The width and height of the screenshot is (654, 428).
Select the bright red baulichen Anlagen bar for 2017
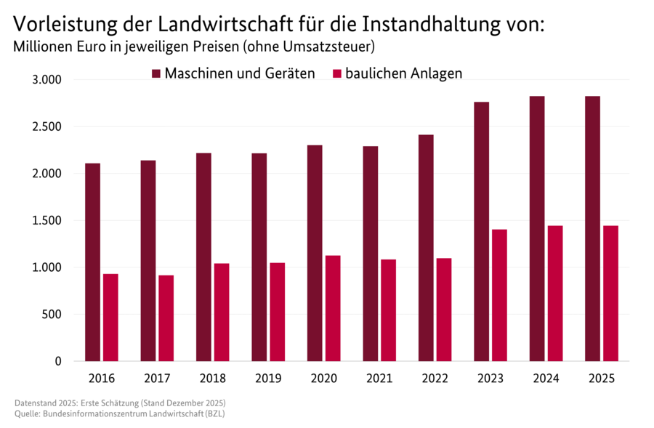(166, 318)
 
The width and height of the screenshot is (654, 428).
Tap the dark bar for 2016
(92, 262)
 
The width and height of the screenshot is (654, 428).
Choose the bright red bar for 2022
(444, 310)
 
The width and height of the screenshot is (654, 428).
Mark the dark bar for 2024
(537, 228)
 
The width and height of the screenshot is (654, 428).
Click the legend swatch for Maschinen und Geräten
(156, 73)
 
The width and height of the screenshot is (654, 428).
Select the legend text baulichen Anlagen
(403, 73)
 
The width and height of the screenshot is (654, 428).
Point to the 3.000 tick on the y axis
(48, 79)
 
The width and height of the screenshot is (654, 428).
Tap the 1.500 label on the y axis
(48, 220)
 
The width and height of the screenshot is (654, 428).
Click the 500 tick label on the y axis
(53, 314)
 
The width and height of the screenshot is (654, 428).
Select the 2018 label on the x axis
(213, 379)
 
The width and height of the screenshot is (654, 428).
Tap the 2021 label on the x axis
(379, 379)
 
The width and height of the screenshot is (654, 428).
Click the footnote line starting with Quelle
(121, 413)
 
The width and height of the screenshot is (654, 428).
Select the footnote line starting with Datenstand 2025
(121, 403)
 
